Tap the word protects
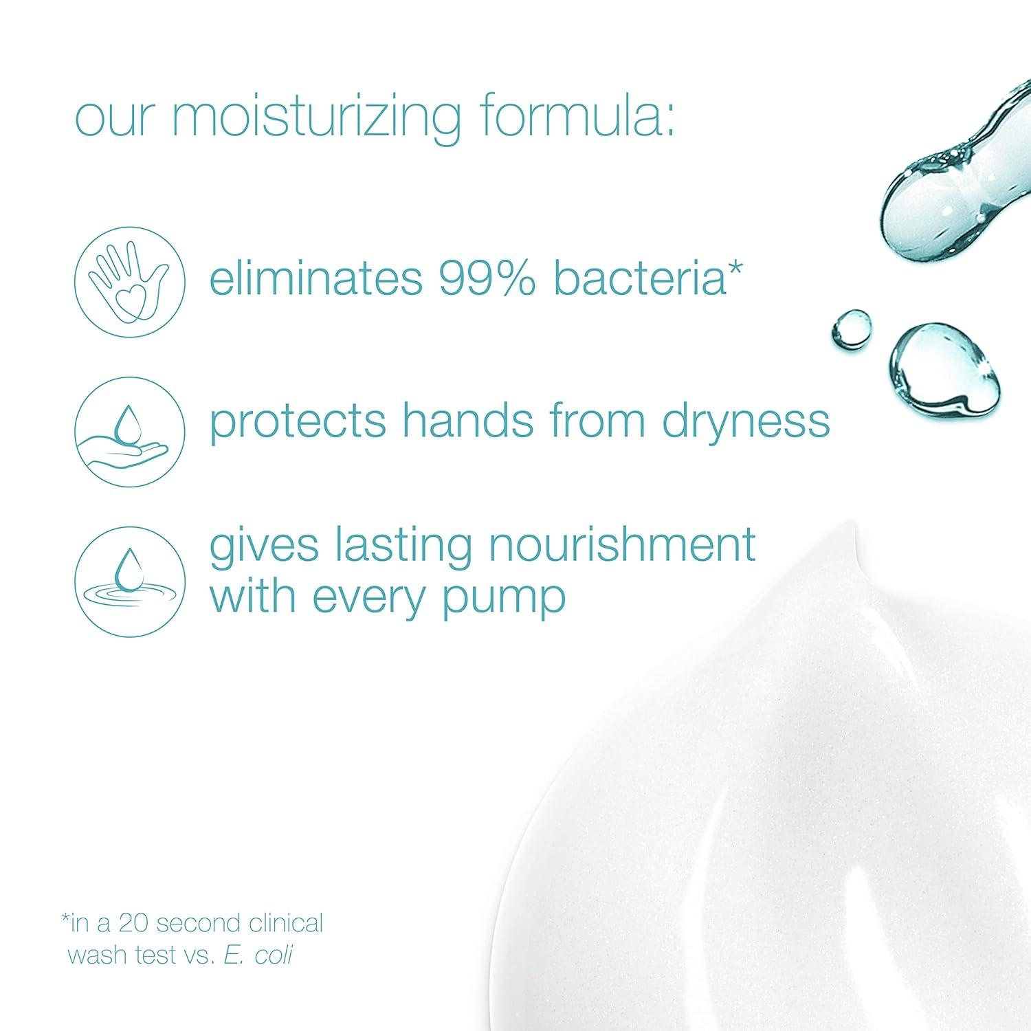[x=298, y=422]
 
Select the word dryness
[x=746, y=422]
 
